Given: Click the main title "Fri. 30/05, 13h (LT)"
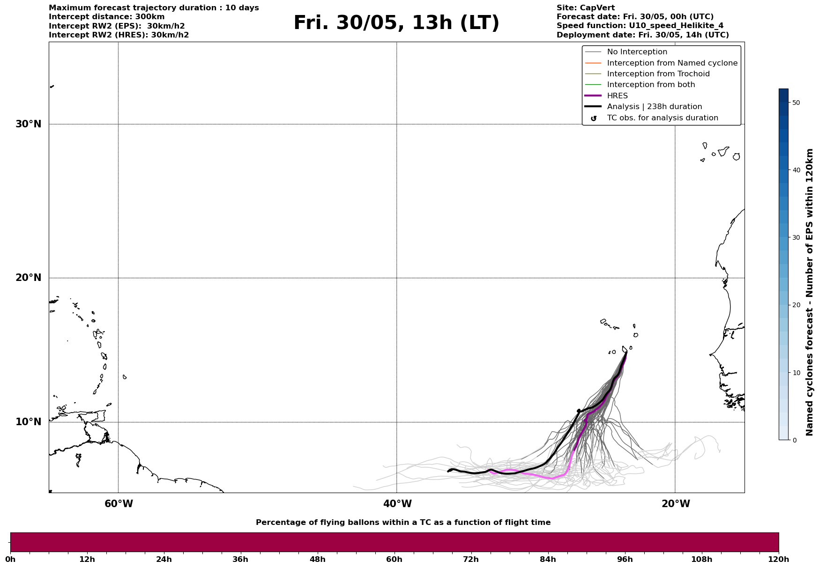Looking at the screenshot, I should tap(396, 23).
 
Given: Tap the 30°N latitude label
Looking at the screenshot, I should tap(29, 124).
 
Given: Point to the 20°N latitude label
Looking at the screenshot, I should tap(29, 278).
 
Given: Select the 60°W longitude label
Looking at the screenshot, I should tap(119, 504).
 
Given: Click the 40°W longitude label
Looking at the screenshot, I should tap(397, 504).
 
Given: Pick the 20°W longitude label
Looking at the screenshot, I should tap(676, 504).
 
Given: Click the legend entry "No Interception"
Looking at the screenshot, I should tap(637, 52).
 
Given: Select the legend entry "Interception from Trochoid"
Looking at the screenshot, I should tap(658, 74).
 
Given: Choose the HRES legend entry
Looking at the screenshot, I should tap(617, 96).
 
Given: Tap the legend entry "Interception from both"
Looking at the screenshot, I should tap(651, 85).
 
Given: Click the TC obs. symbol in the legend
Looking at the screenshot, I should tap(594, 118).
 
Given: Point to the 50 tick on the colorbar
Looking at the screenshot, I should tap(796, 103).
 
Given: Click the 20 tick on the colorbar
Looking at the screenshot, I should tap(796, 305).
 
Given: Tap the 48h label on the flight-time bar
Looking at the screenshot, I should tap(317, 560).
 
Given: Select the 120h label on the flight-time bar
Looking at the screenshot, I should tap(779, 560).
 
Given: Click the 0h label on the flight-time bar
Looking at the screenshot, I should tap(10, 560).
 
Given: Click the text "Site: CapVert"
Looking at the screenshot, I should tap(585, 8).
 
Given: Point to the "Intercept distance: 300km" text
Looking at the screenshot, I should tap(106, 17).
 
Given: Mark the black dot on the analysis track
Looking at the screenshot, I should tap(579, 411).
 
